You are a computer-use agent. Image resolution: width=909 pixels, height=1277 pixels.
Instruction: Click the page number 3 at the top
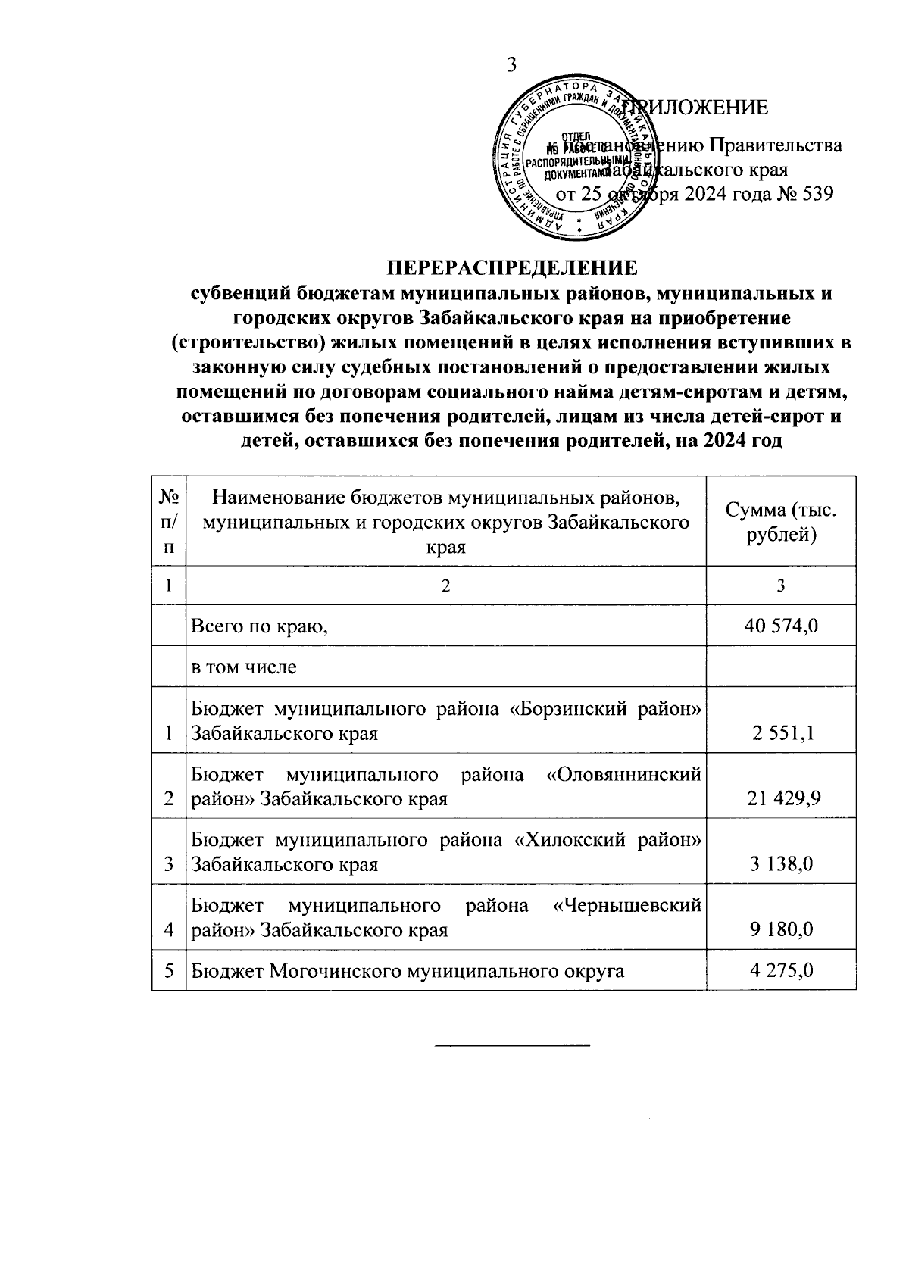pyautogui.click(x=511, y=65)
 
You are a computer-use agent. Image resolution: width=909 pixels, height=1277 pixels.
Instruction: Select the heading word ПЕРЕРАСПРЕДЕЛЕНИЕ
pyautogui.click(x=513, y=268)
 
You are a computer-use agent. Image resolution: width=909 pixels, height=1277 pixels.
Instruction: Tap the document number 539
pyautogui.click(x=817, y=194)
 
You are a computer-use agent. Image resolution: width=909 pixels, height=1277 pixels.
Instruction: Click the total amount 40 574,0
pyautogui.click(x=782, y=626)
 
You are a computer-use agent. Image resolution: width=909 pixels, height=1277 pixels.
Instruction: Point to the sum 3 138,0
pyautogui.click(x=782, y=863)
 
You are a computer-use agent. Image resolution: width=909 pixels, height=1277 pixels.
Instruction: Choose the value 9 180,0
pyautogui.click(x=782, y=929)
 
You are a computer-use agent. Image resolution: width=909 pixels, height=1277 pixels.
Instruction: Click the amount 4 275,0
pyautogui.click(x=782, y=970)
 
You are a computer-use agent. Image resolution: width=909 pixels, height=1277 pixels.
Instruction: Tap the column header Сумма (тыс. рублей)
pyautogui.click(x=781, y=522)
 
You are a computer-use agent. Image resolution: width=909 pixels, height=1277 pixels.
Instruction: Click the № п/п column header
pyautogui.click(x=169, y=522)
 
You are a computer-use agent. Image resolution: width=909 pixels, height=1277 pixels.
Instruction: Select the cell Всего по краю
pyautogui.click(x=260, y=626)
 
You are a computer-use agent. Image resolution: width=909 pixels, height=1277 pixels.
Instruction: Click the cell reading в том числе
pyautogui.click(x=244, y=667)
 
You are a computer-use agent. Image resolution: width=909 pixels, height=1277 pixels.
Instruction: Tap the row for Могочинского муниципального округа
pyautogui.click(x=408, y=970)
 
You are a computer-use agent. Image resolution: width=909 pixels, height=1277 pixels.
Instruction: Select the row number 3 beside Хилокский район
pyautogui.click(x=169, y=863)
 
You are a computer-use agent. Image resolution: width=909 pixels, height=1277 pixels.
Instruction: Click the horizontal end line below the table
pyautogui.click(x=512, y=1046)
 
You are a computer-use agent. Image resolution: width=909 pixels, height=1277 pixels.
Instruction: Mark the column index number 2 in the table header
pyautogui.click(x=445, y=585)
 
